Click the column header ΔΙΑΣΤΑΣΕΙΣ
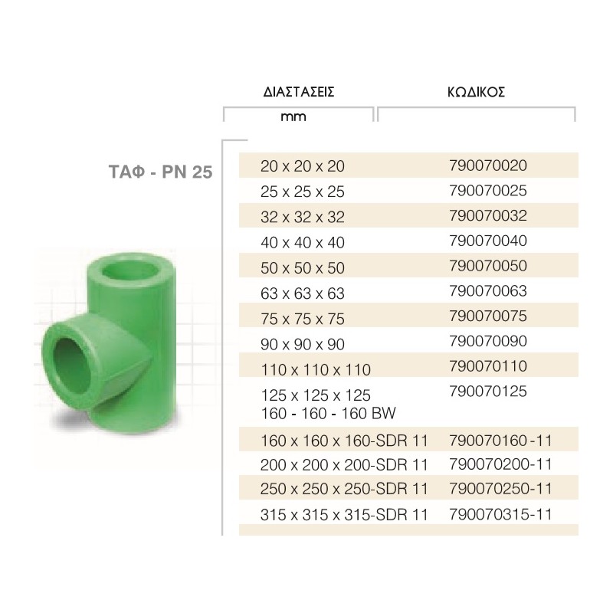(x=299, y=92)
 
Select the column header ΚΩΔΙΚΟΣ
(x=476, y=92)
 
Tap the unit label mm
(x=293, y=116)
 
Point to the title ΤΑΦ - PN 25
(x=160, y=172)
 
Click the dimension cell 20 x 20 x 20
(x=303, y=166)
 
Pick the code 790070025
(x=488, y=191)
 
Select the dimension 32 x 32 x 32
(x=303, y=217)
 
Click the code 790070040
(x=488, y=241)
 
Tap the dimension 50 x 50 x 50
(x=303, y=267)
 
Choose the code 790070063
(x=488, y=291)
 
